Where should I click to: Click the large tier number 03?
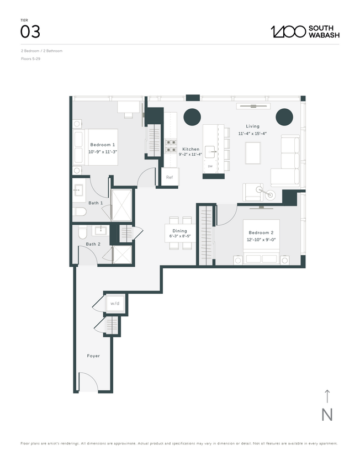(x=30, y=31)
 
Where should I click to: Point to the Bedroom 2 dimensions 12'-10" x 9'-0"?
(x=263, y=240)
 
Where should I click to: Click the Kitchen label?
(x=191, y=149)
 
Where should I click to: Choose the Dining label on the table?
(x=179, y=231)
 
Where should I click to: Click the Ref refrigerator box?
(x=170, y=178)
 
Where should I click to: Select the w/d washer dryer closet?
(x=115, y=303)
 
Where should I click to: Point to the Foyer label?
(x=93, y=356)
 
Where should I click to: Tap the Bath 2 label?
(x=93, y=243)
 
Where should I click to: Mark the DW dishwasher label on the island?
(x=210, y=166)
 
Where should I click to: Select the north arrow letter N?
(x=327, y=415)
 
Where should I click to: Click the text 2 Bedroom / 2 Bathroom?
(x=41, y=51)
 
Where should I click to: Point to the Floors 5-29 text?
(x=30, y=58)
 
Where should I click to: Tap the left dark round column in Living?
(x=192, y=116)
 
